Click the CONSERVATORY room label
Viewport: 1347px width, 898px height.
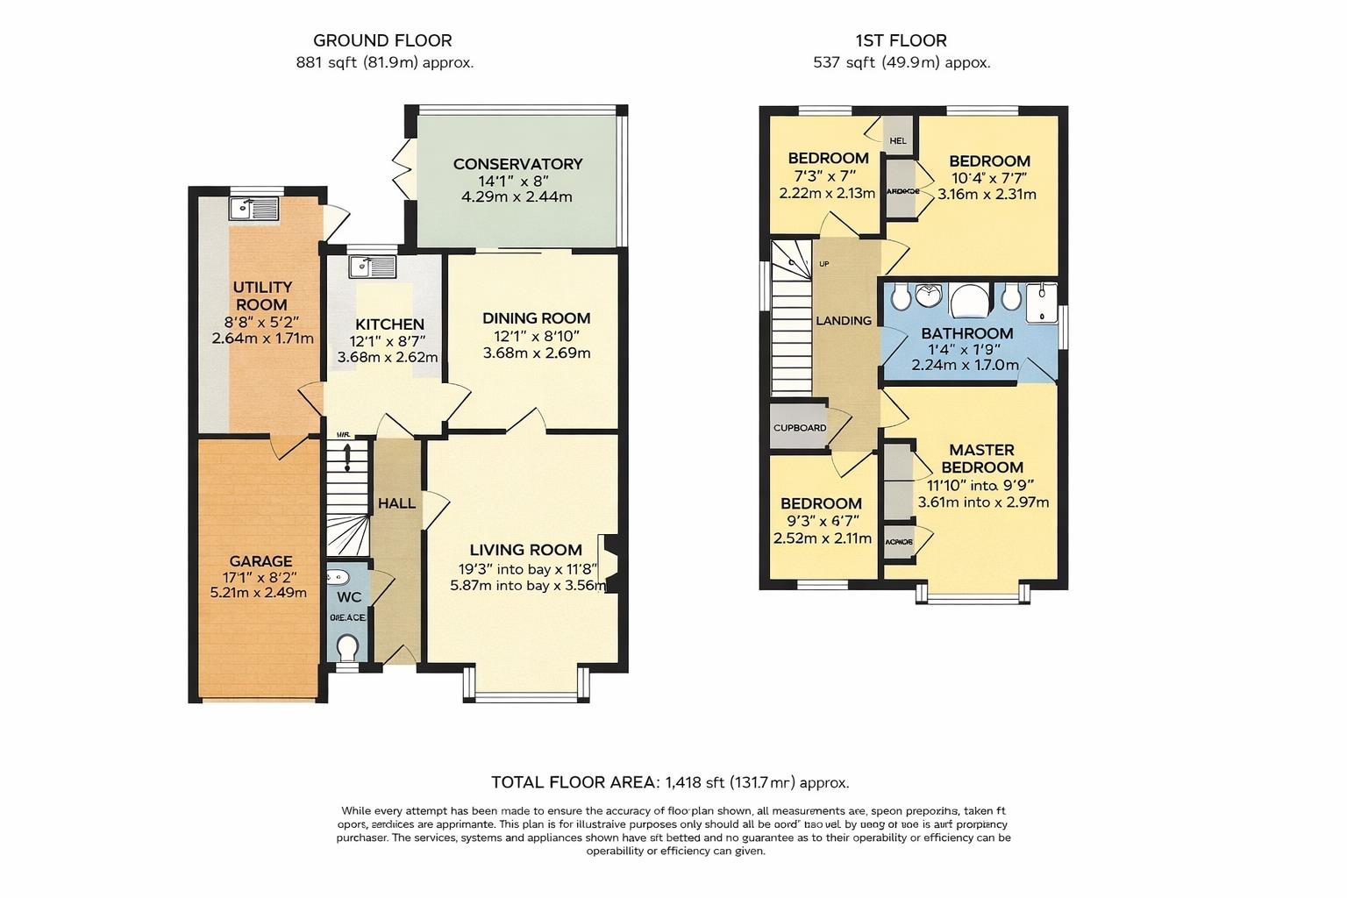(x=517, y=164)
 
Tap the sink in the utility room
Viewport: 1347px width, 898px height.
(x=253, y=208)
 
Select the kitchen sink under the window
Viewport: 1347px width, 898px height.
(x=372, y=266)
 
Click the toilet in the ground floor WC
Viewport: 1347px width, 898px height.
(x=347, y=648)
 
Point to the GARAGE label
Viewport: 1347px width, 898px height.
(x=260, y=561)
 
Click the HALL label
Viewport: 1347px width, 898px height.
(x=396, y=503)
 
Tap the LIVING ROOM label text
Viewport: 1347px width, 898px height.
(x=525, y=550)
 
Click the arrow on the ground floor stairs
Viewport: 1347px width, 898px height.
(x=348, y=457)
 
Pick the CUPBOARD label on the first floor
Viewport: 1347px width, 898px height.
(x=800, y=428)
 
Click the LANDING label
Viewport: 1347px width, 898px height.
(x=844, y=321)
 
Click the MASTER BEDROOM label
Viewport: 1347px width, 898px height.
(x=981, y=459)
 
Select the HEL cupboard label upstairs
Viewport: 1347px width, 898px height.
(x=898, y=140)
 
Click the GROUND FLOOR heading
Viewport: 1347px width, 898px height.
(x=382, y=40)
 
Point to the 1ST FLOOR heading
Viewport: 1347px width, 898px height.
(x=901, y=40)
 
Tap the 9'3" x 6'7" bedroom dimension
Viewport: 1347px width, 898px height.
(x=821, y=521)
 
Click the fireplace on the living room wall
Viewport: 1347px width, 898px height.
(x=609, y=563)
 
